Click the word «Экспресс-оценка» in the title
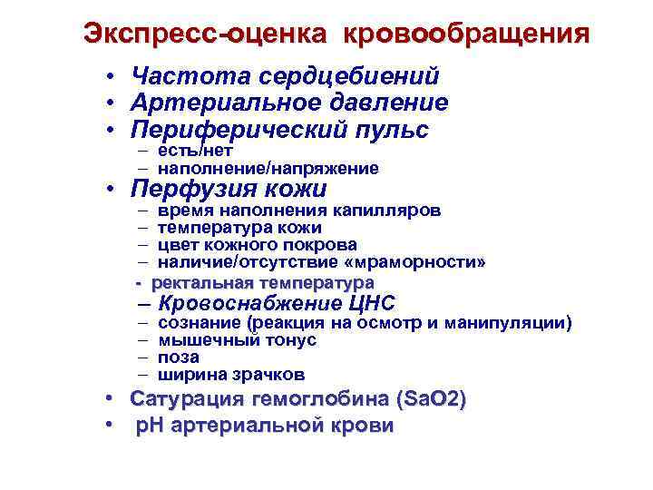pyautogui.click(x=204, y=34)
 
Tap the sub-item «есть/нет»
pyautogui.click(x=195, y=151)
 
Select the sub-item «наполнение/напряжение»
pyautogui.click(x=268, y=168)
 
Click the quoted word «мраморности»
pyautogui.click(x=425, y=262)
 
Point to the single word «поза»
pyautogui.click(x=179, y=358)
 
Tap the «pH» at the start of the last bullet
pyautogui.click(x=148, y=426)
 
